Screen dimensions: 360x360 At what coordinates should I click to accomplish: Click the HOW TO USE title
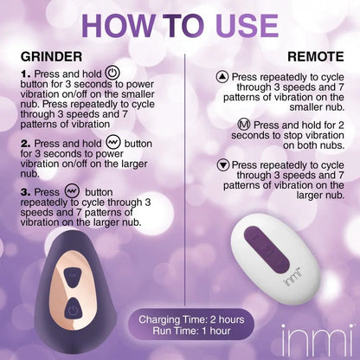coord(179,25)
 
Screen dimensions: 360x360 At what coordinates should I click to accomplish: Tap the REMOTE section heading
coord(315,55)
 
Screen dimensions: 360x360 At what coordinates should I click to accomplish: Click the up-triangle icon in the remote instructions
coord(222,77)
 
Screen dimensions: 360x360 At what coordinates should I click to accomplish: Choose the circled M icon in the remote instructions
coord(243,124)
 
